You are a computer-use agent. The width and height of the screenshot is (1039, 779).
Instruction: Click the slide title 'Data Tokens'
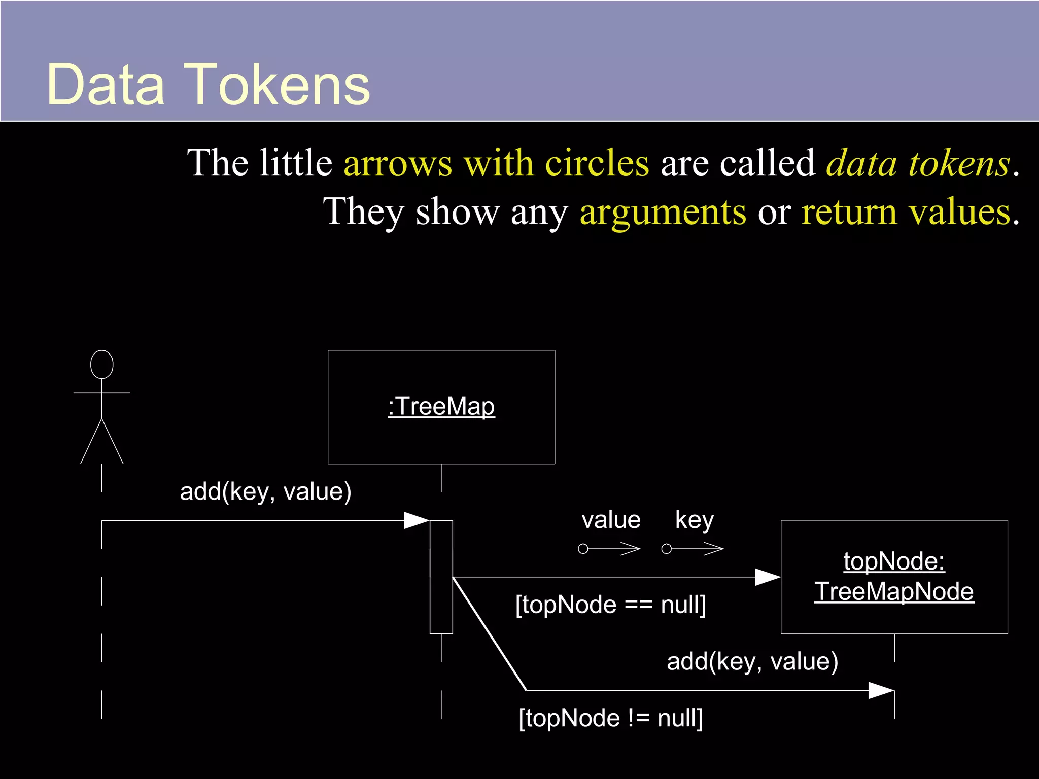(x=208, y=85)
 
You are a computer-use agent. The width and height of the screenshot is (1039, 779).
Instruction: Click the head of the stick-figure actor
(x=101, y=364)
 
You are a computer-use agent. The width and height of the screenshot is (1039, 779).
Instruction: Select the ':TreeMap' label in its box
(x=441, y=407)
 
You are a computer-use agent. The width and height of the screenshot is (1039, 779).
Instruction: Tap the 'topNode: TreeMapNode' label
(x=894, y=576)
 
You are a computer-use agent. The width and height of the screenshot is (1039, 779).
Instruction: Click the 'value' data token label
(x=611, y=520)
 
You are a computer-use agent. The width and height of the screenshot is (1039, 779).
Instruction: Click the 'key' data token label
(x=694, y=520)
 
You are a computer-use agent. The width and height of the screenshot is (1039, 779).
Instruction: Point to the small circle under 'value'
(x=583, y=549)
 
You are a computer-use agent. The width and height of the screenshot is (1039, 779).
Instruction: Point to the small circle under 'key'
(x=667, y=549)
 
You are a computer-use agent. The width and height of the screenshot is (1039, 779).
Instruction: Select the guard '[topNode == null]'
(x=610, y=605)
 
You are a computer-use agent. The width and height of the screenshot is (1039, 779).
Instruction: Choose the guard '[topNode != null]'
(x=610, y=718)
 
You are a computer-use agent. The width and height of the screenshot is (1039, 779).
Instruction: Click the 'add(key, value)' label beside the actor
(x=265, y=492)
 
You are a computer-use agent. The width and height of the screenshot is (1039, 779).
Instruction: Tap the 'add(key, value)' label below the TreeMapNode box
(x=752, y=662)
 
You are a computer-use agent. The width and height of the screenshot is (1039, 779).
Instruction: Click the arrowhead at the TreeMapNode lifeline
(x=882, y=690)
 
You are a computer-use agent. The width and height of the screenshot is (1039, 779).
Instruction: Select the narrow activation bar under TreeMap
(x=441, y=577)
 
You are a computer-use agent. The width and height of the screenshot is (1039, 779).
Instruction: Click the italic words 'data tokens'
(x=918, y=163)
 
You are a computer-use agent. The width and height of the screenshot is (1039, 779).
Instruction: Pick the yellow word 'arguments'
(x=663, y=212)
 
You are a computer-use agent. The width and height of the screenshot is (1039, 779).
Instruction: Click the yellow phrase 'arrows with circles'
(x=496, y=163)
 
